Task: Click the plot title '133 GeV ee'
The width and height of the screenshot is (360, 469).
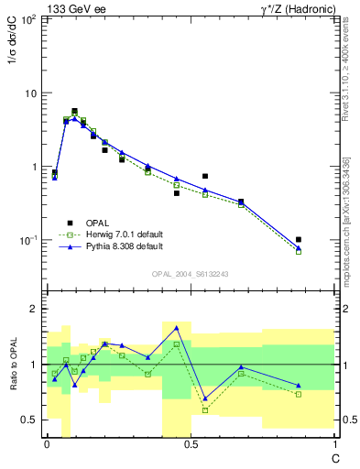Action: pyautogui.click(x=76, y=8)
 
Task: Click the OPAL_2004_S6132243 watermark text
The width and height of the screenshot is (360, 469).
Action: pyautogui.click(x=191, y=275)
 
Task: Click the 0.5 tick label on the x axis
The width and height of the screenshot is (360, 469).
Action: pyautogui.click(x=191, y=444)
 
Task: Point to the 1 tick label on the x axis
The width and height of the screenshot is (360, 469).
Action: pyautogui.click(x=334, y=444)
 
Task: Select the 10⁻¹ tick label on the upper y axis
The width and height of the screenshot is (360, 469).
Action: pyautogui.click(x=30, y=240)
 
